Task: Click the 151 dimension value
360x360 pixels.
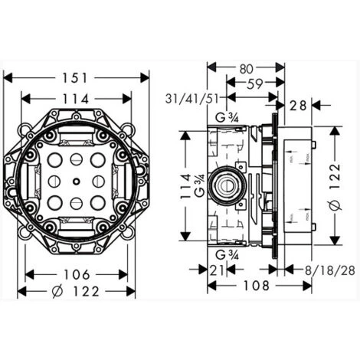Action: tap(77, 77)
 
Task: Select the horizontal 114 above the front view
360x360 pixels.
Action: tap(77, 99)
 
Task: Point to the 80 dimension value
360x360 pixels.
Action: tap(245, 68)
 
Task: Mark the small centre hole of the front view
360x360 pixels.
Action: tap(77, 182)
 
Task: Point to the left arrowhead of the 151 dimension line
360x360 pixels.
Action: tap(8, 77)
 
